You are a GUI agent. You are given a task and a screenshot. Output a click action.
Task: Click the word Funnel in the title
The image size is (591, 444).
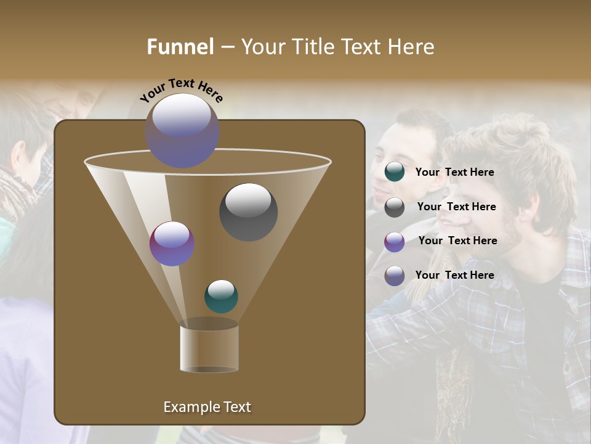(x=180, y=47)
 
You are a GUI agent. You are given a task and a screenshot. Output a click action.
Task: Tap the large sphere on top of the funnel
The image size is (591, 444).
(x=182, y=130)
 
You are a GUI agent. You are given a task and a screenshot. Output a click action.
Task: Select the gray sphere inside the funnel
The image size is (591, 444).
(x=248, y=212)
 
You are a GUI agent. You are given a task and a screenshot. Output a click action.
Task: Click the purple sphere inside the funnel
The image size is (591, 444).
(x=172, y=244)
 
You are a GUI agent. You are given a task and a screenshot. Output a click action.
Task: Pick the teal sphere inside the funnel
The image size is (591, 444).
(x=221, y=297)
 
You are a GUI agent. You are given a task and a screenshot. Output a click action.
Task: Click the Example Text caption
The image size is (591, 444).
(x=207, y=407)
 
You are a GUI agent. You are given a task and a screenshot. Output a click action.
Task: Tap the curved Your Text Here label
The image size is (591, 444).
(x=182, y=91)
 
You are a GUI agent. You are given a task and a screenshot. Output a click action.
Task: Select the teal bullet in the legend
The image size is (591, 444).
(x=395, y=172)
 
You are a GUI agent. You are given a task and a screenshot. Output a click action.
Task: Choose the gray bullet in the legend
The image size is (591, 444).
(x=395, y=207)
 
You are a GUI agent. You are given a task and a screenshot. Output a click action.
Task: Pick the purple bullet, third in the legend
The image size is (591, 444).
(x=395, y=241)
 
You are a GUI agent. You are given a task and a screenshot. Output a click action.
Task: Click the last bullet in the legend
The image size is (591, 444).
(x=395, y=276)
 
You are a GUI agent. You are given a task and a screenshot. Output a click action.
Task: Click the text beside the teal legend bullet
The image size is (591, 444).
(x=454, y=172)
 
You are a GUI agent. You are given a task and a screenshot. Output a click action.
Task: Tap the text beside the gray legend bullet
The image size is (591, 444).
(x=456, y=207)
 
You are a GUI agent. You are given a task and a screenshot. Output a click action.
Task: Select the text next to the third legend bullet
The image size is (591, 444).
(x=457, y=240)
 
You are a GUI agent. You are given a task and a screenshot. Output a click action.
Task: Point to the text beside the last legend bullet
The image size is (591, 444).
(x=454, y=275)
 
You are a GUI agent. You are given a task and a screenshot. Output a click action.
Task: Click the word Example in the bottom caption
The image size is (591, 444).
(x=190, y=407)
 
